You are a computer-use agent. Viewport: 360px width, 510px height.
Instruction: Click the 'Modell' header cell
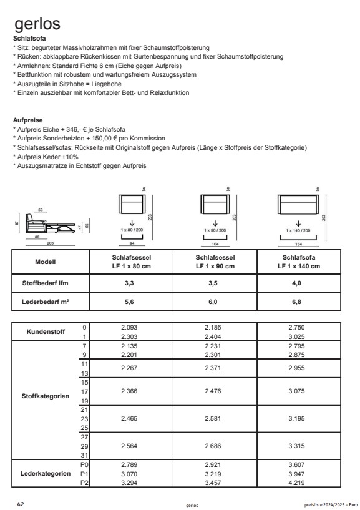[46, 263]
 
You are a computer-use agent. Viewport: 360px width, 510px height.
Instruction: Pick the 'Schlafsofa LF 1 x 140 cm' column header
[298, 263]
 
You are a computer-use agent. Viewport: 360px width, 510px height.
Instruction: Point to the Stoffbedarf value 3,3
[130, 283]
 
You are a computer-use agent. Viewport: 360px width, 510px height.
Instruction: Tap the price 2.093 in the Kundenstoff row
[130, 326]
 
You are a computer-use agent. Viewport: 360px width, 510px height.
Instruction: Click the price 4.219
[298, 482]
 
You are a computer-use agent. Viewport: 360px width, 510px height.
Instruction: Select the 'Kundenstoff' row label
[46, 331]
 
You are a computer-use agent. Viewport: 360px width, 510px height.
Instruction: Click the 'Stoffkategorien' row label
[46, 396]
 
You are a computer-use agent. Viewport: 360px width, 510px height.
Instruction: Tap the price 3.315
[298, 447]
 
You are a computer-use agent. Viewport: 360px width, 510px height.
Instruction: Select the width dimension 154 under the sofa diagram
[298, 245]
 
